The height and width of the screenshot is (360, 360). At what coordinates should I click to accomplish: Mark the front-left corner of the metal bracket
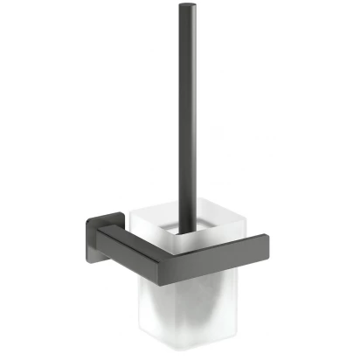click(100, 239)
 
